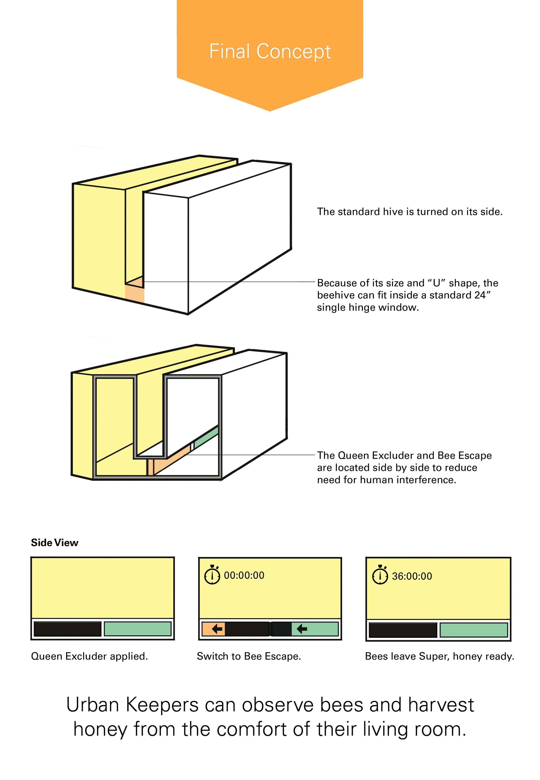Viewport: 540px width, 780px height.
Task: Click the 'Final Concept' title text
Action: (270, 51)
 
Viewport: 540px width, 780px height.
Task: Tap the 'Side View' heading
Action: (54, 543)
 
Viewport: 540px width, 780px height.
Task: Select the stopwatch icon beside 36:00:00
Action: (380, 576)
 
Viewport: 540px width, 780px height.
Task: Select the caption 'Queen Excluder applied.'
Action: (89, 656)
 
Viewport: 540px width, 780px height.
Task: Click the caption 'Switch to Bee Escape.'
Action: (249, 656)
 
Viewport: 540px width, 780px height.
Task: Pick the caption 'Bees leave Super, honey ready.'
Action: (440, 656)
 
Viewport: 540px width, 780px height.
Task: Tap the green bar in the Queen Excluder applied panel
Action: (137, 629)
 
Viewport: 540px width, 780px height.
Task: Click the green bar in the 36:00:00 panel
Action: (474, 630)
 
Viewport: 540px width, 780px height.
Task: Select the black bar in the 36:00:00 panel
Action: (403, 630)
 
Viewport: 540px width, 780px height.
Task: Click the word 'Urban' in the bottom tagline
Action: (93, 705)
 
